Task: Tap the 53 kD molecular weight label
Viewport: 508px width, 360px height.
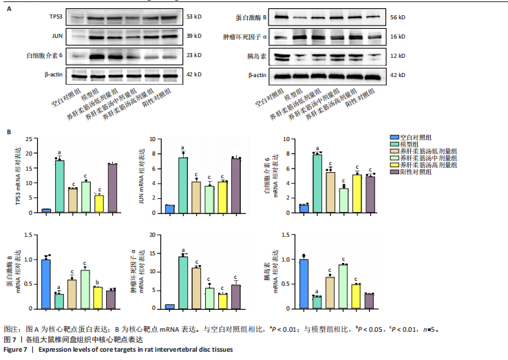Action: pos(194,15)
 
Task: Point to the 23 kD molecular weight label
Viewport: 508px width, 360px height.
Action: pos(194,55)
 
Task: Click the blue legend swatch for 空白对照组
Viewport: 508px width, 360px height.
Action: pos(395,138)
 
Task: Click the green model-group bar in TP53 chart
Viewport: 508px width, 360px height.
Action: pos(60,184)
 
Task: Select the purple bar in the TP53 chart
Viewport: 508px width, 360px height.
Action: pos(112,187)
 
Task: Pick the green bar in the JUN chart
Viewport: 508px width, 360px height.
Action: pos(183,184)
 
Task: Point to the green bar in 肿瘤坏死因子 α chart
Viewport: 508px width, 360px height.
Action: pos(183,282)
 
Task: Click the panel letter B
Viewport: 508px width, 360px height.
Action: pos(9,131)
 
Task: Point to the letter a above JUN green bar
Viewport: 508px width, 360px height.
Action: pos(183,148)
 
